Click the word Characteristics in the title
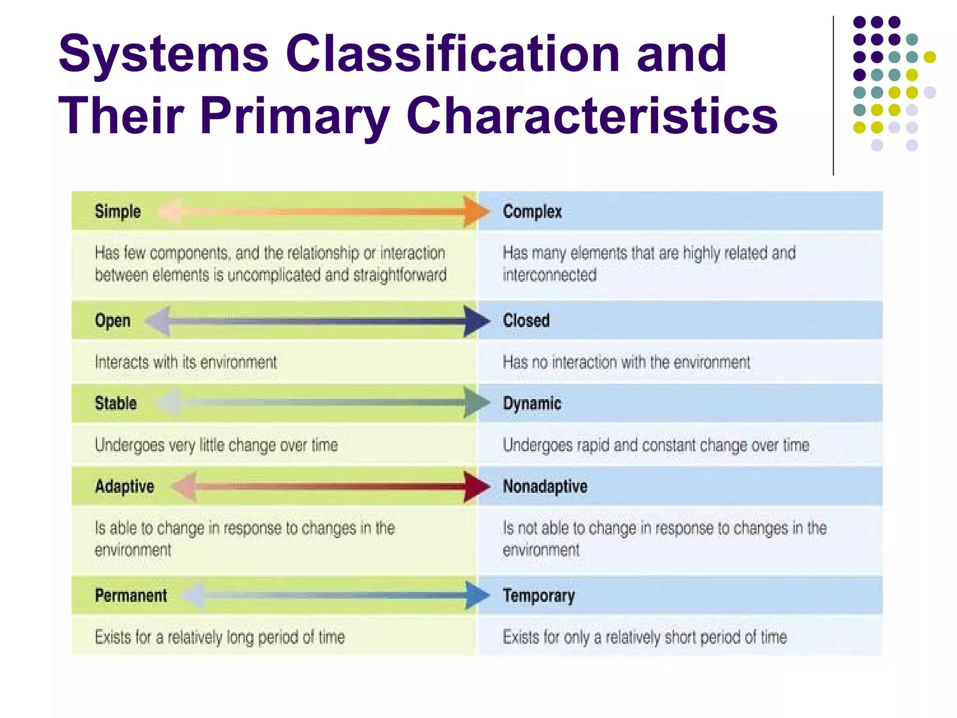point(592,115)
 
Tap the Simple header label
point(118,211)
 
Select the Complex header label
point(532,212)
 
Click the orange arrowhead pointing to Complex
point(476,212)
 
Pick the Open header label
point(113,321)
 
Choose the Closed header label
point(526,321)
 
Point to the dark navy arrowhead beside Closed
point(476,321)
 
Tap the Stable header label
point(116,403)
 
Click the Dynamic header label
point(532,403)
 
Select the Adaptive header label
point(124,487)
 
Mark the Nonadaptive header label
point(545,487)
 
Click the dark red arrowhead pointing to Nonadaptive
point(476,487)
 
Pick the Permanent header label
point(131,596)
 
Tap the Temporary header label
point(539,596)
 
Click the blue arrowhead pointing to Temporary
point(477,596)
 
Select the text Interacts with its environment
point(186,362)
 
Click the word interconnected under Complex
point(550,275)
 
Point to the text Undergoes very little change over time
point(216,445)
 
